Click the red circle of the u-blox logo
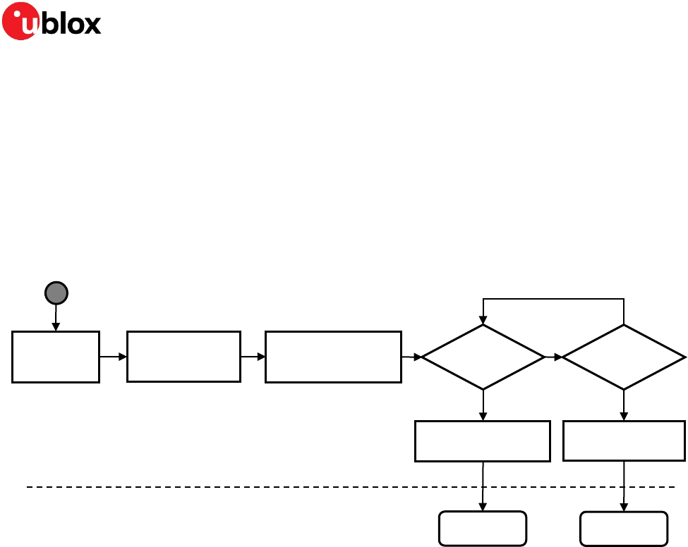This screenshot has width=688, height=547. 20,21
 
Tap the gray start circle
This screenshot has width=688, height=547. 56,293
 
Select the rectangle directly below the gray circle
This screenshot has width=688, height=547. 56,357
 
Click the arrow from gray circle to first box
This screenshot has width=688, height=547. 56,319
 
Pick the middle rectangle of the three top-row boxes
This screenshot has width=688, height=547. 183,357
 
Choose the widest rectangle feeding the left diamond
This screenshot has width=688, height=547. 333,357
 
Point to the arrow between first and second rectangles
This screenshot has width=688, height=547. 113,357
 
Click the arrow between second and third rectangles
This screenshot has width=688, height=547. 253,357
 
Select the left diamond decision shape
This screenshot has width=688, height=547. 483,357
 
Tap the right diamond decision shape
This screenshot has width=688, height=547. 624,357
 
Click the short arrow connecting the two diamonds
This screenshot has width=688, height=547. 554,357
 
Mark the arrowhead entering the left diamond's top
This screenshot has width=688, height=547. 483,321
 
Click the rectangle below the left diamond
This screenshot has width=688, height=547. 483,441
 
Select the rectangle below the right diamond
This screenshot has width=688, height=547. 624,441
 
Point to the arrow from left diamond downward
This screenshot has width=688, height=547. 483,405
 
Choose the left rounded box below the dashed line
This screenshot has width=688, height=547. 483,529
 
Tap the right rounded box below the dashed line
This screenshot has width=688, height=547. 624,529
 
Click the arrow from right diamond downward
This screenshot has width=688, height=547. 624,405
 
